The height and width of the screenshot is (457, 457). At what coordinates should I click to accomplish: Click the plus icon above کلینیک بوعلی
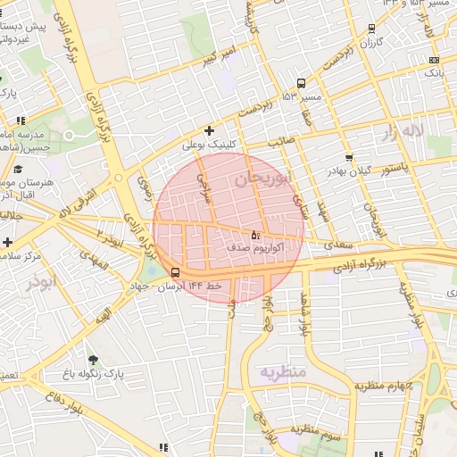209,130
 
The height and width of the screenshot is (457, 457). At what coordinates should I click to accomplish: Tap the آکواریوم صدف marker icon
255,235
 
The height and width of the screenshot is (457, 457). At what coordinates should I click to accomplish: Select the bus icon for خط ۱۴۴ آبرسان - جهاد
174,272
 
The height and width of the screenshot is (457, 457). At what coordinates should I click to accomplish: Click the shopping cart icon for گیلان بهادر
348,158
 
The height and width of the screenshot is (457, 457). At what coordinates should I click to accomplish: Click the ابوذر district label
40,283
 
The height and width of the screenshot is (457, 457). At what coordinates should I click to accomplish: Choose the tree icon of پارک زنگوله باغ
93,359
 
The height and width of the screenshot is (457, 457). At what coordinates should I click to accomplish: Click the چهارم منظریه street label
381,386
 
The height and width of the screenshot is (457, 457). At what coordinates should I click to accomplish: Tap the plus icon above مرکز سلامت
7,242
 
